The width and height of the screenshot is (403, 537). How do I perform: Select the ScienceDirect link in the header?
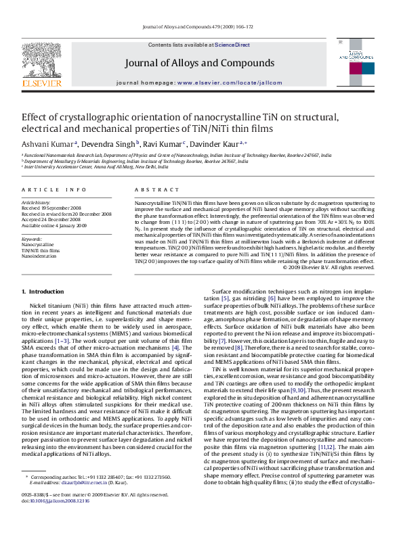[x=232, y=44]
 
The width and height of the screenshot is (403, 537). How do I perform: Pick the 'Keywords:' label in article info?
[x=32, y=239]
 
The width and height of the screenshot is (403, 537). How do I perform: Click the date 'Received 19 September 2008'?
[x=50, y=208]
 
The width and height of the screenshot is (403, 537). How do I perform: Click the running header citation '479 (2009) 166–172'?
[x=231, y=27]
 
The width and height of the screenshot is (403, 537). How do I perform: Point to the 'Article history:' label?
[x=36, y=202]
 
